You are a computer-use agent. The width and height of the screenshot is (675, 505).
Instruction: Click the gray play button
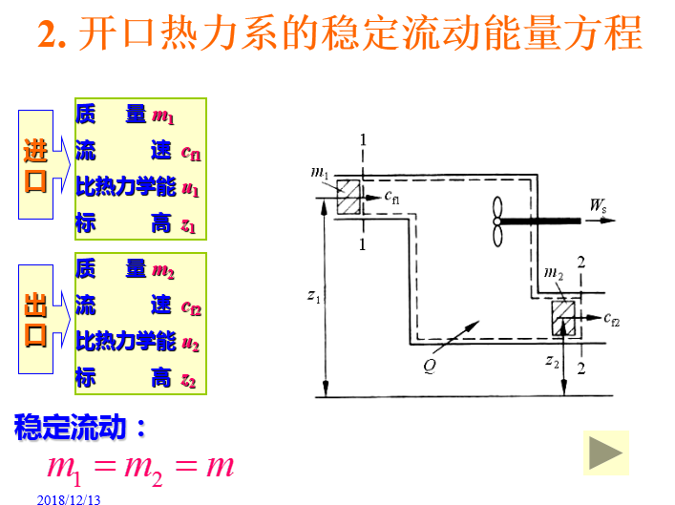point(606,452)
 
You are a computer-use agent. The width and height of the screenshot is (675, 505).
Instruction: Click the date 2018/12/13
point(70,497)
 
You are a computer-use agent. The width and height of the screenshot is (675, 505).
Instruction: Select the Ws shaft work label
point(599,204)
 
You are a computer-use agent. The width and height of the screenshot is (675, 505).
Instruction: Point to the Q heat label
point(429,364)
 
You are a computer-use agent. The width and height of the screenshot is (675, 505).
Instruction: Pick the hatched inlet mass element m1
point(347,197)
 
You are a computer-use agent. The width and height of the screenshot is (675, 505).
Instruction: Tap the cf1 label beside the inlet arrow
point(392,198)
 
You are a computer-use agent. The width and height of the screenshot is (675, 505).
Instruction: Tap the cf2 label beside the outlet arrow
point(612,318)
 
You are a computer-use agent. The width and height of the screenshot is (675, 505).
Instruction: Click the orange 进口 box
point(35,164)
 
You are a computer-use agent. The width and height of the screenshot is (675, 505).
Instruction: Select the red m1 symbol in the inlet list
point(163,117)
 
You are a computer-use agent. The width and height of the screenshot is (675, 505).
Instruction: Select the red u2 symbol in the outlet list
point(190,344)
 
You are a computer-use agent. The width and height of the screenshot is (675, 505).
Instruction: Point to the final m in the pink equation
point(220,466)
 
